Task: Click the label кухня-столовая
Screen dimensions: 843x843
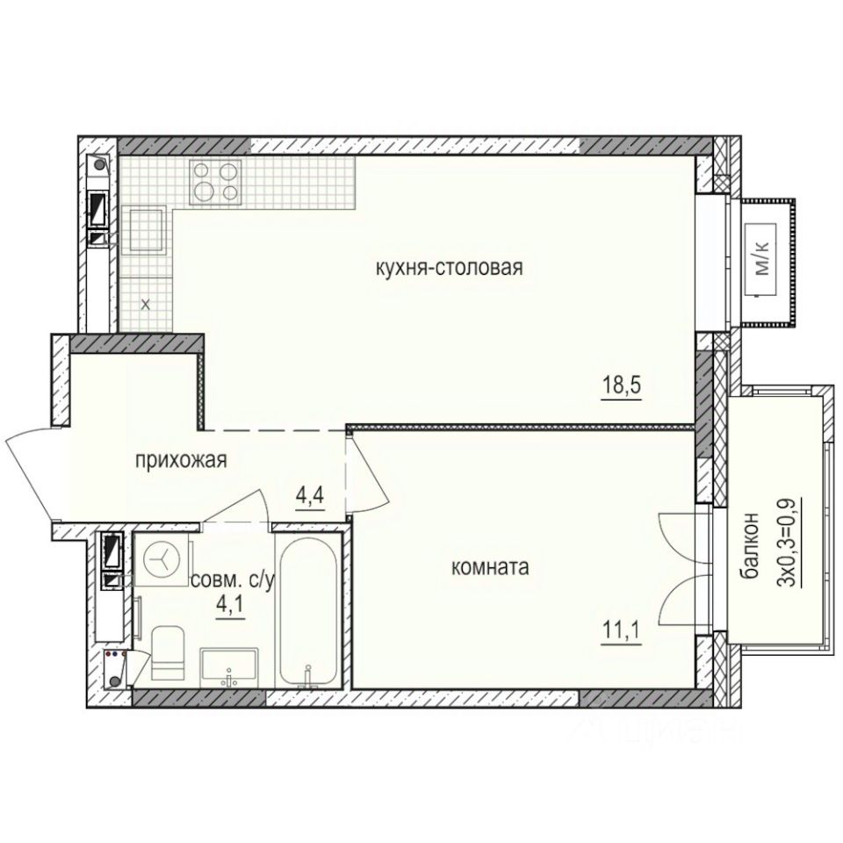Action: click(x=449, y=269)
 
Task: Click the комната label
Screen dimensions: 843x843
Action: click(x=489, y=568)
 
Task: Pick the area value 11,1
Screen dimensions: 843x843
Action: click(x=622, y=631)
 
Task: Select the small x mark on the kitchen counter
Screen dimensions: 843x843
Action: click(x=146, y=305)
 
